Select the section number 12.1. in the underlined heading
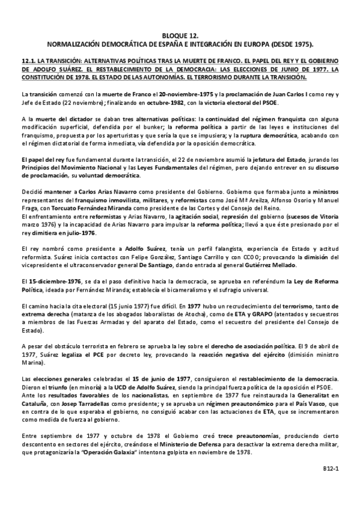[29, 61]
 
